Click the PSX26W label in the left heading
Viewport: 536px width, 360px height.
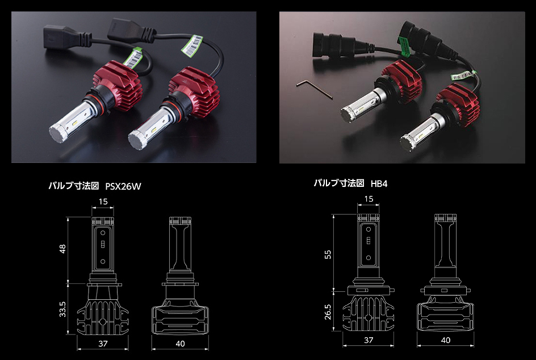123,186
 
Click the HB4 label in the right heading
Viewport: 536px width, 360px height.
379,183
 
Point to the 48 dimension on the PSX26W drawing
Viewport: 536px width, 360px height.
62,249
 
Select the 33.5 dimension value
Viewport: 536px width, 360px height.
62,309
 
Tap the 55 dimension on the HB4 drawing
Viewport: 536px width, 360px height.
328,254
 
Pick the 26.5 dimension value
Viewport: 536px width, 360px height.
328,312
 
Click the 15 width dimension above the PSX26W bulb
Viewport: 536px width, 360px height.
103,202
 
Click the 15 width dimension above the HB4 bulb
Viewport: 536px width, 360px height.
368,199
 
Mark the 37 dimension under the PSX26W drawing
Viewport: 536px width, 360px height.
103,344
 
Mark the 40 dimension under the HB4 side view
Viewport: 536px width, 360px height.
446,340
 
